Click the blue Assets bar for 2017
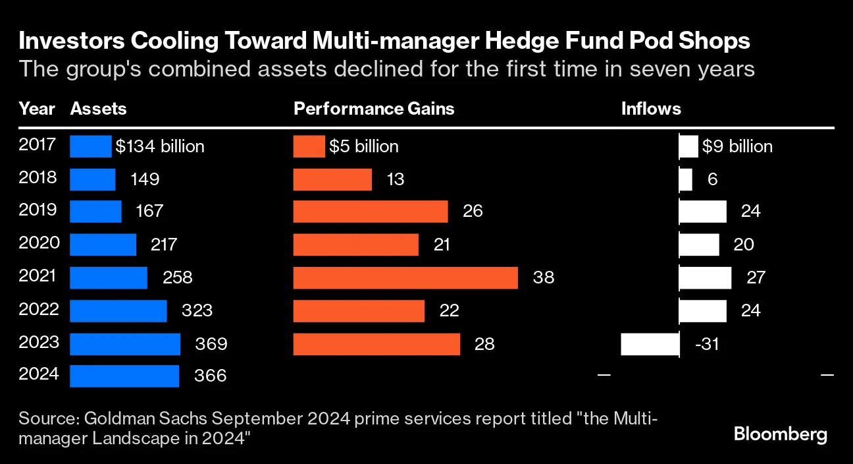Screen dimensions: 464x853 point(91,146)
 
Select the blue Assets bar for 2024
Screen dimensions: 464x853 point(124,376)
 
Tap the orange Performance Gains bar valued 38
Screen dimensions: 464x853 point(405,277)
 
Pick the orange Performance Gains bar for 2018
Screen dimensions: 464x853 point(332,179)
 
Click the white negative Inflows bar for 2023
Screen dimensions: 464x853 point(650,344)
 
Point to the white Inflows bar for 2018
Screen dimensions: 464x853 point(685,179)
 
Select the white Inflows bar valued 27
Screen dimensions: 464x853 point(705,277)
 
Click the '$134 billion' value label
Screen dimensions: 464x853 point(160,146)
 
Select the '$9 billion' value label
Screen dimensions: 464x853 point(737,146)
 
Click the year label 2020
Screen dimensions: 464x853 point(39,243)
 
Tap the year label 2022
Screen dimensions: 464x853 point(39,309)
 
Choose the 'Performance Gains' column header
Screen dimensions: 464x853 point(374,109)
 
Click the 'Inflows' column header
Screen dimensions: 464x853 point(651,109)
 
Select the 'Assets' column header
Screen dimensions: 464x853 point(98,109)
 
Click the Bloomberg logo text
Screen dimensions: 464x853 point(780,434)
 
